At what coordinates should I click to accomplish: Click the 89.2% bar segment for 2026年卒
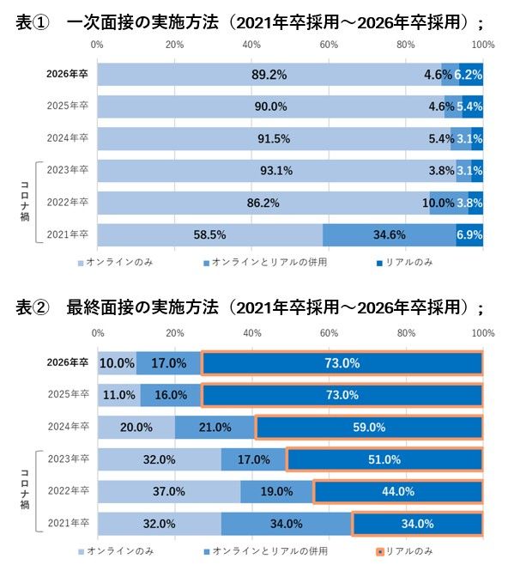click(x=269, y=75)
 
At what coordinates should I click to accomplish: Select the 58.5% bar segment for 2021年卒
click(x=209, y=234)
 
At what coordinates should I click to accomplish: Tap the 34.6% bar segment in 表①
click(x=390, y=234)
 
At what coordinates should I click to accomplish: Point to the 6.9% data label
click(x=469, y=234)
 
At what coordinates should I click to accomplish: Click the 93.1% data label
click(x=276, y=170)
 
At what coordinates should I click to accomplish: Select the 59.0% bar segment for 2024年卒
click(x=368, y=427)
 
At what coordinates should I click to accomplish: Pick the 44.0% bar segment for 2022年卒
click(x=397, y=491)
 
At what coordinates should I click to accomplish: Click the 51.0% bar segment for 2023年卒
click(x=384, y=459)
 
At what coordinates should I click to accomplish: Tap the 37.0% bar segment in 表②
click(x=168, y=491)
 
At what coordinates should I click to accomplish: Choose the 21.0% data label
click(x=215, y=427)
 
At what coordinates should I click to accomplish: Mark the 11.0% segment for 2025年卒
click(x=118, y=395)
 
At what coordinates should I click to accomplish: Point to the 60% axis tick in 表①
click(x=329, y=43)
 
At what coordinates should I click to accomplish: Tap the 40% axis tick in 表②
click(x=251, y=332)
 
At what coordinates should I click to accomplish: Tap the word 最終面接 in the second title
click(x=94, y=307)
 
